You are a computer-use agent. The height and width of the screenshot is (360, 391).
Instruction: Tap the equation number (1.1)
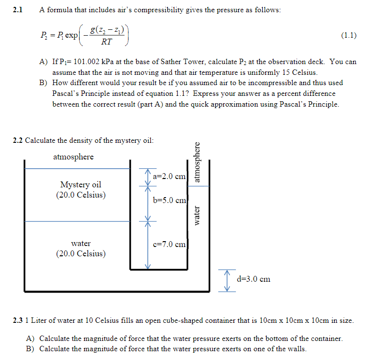pos(347,35)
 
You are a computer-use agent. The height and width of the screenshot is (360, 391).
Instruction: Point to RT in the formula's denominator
pos(106,42)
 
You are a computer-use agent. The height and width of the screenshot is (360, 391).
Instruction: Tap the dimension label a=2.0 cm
pos(169,176)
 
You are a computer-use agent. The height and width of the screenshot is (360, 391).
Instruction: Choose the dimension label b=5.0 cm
pos(169,200)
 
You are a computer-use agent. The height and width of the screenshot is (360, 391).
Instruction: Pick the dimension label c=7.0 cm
pos(169,244)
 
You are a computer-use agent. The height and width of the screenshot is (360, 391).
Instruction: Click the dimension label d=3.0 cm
pos(253,279)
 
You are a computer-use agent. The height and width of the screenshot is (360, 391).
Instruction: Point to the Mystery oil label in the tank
pos(81,184)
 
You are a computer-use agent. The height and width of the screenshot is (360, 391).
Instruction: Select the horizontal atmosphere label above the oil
pos(73,157)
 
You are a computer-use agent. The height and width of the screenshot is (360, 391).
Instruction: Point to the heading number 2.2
pos(18,140)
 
